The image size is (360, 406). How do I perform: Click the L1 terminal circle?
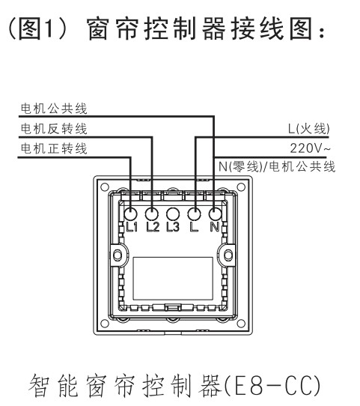131,214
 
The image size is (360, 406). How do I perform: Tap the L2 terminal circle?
151,214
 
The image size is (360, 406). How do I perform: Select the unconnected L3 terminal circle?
173,214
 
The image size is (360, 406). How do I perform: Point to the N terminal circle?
215,214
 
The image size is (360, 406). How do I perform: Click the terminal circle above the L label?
194,214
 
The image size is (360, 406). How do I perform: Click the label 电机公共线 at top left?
54,109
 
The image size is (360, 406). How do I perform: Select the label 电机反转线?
54,129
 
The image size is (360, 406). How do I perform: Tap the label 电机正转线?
54,148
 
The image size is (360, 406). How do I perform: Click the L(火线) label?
309,129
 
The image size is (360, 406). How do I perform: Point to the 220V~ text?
310,148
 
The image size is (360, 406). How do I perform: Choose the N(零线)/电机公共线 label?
277,166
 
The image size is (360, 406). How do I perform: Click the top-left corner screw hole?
105,187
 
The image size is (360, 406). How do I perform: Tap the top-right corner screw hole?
241,187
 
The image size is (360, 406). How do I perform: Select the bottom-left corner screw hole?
105,324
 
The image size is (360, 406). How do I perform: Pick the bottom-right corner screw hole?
241,324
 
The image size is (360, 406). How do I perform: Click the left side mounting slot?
118,255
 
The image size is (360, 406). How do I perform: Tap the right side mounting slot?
228,255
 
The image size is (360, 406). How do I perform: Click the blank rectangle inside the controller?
173,279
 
